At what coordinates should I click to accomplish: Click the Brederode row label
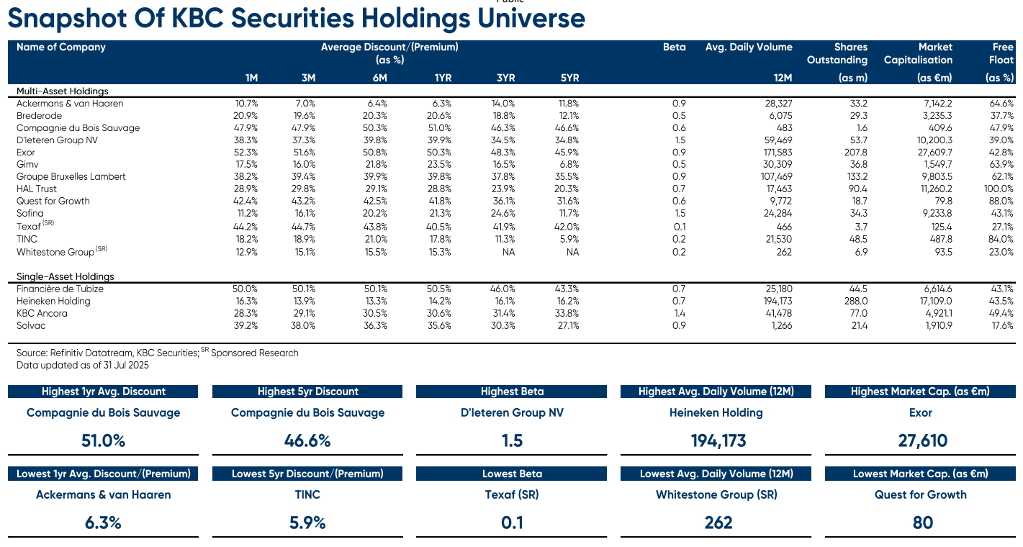[x=39, y=116]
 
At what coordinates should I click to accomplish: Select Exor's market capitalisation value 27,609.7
[x=935, y=152]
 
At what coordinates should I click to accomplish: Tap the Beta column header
[x=674, y=47]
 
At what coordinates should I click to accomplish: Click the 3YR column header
[x=505, y=78]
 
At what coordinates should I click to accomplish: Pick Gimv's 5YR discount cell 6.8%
[x=569, y=164]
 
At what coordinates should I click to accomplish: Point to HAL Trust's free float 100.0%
[x=999, y=189]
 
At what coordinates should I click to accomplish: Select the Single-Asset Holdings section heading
[x=66, y=276]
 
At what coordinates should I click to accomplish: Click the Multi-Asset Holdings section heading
[x=63, y=91]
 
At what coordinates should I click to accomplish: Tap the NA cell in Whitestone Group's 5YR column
[x=572, y=252]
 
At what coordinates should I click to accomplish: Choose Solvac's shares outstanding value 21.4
[x=859, y=325]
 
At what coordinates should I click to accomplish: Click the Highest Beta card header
[x=512, y=392]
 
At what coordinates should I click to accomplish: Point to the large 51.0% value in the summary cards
[x=103, y=440]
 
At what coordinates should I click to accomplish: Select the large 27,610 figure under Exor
[x=922, y=440]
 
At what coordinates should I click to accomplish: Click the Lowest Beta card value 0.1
[x=512, y=523]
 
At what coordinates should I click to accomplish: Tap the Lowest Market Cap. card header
[x=920, y=474]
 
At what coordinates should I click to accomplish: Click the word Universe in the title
[x=531, y=18]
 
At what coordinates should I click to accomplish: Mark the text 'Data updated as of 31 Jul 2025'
[x=82, y=366]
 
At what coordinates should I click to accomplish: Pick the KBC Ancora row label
[x=42, y=313]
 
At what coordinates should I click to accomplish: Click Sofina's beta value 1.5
[x=680, y=213]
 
